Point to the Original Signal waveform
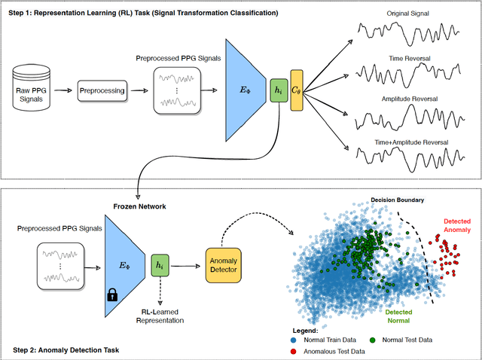tap(404, 35)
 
